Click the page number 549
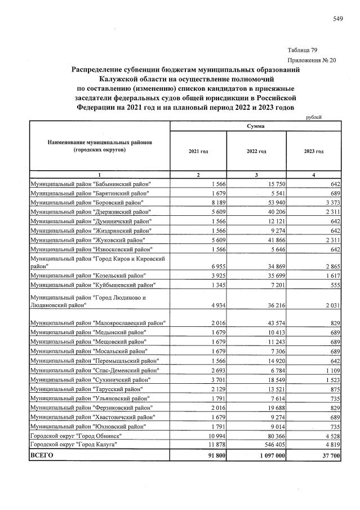(x=338, y=19)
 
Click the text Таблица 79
(x=305, y=50)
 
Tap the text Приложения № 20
(x=312, y=60)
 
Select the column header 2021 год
(x=198, y=152)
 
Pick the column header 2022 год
(x=256, y=152)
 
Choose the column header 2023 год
(x=313, y=152)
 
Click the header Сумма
(x=256, y=127)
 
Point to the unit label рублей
(x=314, y=117)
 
